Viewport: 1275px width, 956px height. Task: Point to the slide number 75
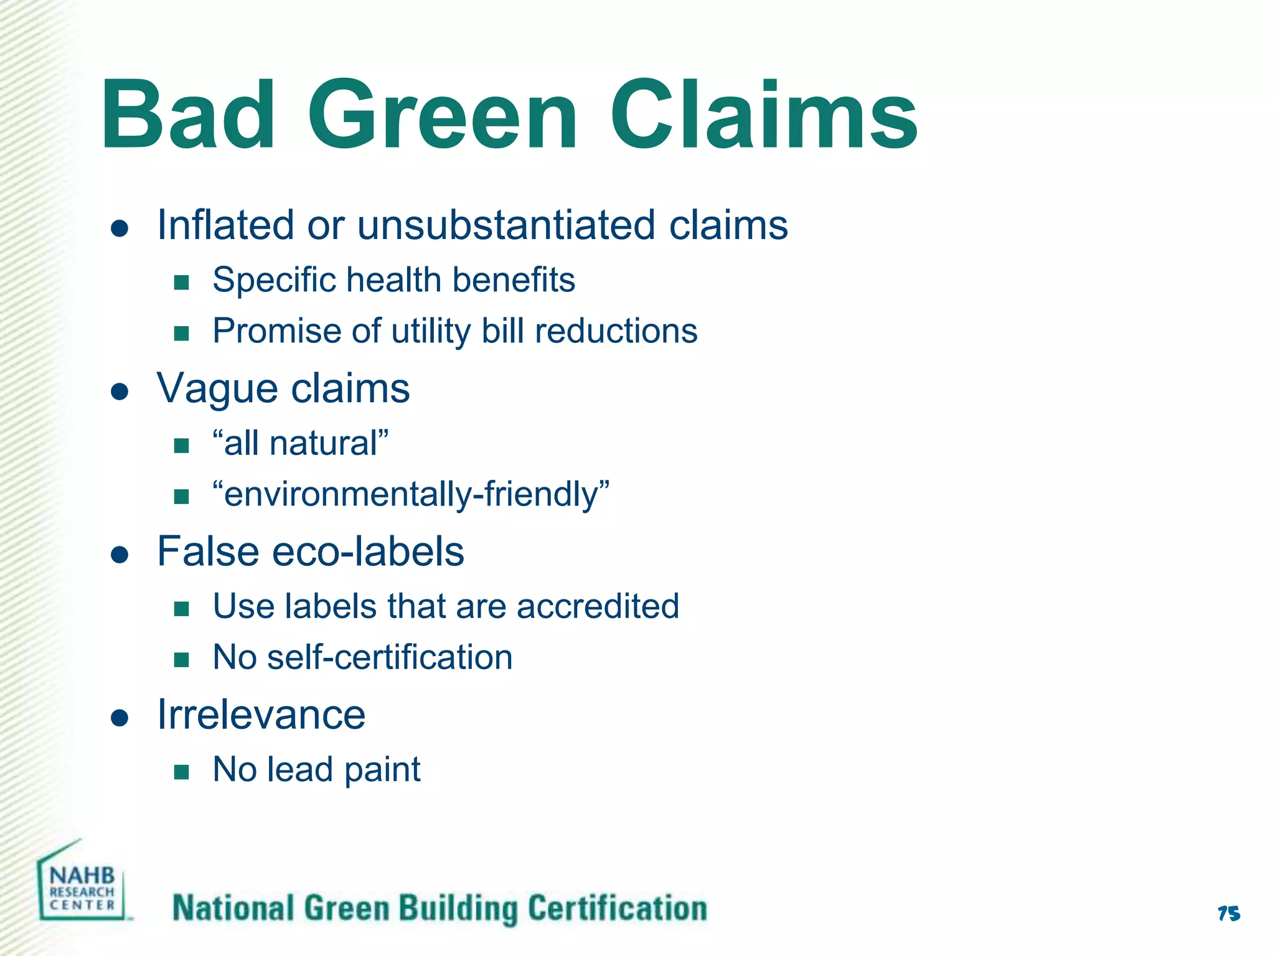coord(1228,914)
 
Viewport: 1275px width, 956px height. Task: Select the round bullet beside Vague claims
coord(120,391)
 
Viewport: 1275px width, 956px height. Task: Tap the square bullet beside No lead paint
coord(181,772)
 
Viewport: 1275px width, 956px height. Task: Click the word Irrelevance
coord(261,715)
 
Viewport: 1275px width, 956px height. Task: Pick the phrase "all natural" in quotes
coord(300,443)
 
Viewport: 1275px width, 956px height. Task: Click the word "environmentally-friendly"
coord(410,494)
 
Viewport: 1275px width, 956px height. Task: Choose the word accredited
coord(598,606)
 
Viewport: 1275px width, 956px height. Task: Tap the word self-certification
coord(390,657)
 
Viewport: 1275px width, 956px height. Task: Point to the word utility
coord(431,331)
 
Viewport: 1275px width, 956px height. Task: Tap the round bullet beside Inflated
coord(120,228)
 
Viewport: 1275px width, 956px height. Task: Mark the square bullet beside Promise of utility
coord(181,334)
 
